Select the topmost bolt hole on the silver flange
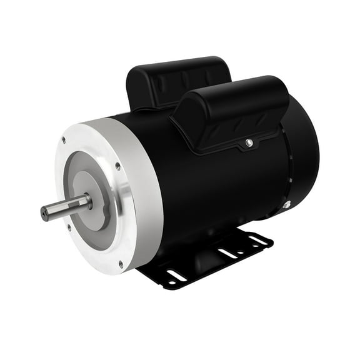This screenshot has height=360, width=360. click(63, 140)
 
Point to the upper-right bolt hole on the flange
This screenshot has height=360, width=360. click(117, 166)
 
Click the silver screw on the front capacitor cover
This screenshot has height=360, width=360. click(249, 143)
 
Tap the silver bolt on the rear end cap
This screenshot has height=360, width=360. click(287, 204)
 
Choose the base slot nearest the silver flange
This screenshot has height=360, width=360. click(177, 275)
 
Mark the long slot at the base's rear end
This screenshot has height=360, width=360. click(257, 239)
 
